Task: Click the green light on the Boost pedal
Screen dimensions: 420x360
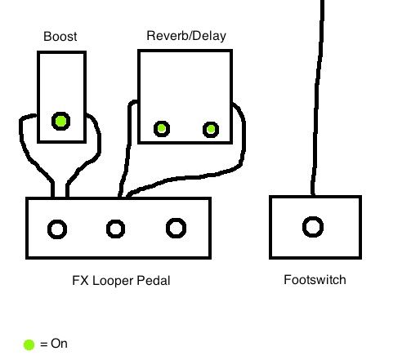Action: (x=60, y=121)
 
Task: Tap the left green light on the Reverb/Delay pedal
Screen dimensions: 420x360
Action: (x=162, y=128)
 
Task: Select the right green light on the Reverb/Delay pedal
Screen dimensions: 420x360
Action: (x=211, y=129)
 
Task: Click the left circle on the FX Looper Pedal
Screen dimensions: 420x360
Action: (x=57, y=229)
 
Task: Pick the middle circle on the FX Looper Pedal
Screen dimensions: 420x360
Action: (x=115, y=229)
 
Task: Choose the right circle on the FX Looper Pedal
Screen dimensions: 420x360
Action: (x=176, y=228)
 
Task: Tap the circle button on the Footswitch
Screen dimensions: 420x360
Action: (x=313, y=227)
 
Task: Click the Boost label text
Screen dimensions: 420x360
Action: (x=60, y=37)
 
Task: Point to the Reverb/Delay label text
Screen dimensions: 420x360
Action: (x=186, y=36)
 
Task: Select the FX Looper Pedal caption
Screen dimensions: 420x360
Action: (x=121, y=281)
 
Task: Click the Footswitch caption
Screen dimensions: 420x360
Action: (x=315, y=280)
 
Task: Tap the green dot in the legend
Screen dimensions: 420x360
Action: (x=29, y=344)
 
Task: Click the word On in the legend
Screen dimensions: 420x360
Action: (x=59, y=344)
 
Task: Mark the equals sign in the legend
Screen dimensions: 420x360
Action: (x=43, y=344)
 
